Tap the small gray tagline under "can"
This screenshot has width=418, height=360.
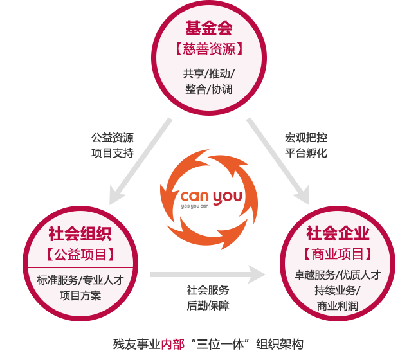pos(195,207)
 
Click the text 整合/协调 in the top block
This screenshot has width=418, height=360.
pos(209,89)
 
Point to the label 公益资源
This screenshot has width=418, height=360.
pos(113,138)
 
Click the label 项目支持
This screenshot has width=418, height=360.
pos(113,153)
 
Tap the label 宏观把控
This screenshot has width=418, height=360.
pos(306,138)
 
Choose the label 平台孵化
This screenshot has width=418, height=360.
pos(306,153)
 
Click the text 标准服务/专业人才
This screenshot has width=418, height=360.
pos(80,280)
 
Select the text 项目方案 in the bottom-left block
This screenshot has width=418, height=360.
pos(80,296)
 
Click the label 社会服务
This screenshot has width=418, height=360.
pos(208,290)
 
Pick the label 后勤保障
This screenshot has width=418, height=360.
pos(208,305)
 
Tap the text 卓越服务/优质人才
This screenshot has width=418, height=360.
pos(337,275)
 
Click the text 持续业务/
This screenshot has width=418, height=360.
pos(337,291)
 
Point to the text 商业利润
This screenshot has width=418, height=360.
pos(337,306)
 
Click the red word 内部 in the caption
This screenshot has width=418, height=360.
pos(173,344)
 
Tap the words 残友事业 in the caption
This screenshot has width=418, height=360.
pos(136,344)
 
